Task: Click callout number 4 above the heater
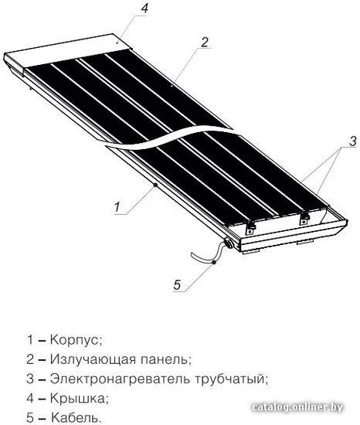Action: [x=144, y=8]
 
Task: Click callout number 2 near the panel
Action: [x=205, y=42]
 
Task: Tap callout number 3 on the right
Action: [x=352, y=141]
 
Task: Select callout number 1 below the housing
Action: [x=117, y=207]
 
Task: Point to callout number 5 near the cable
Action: [x=177, y=285]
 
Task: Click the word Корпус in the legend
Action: [x=76, y=340]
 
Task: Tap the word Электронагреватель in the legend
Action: [x=120, y=379]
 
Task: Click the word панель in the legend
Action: [x=166, y=359]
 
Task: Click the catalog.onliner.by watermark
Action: [x=297, y=407]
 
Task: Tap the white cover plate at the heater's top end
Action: [x=68, y=52]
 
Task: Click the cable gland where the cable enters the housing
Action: [x=229, y=243]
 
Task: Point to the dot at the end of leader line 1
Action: [x=155, y=185]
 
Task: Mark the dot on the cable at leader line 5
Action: [x=214, y=262]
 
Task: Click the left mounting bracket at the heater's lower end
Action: [x=250, y=227]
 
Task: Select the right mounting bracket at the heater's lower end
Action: [x=304, y=218]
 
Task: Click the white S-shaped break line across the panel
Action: [x=168, y=139]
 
